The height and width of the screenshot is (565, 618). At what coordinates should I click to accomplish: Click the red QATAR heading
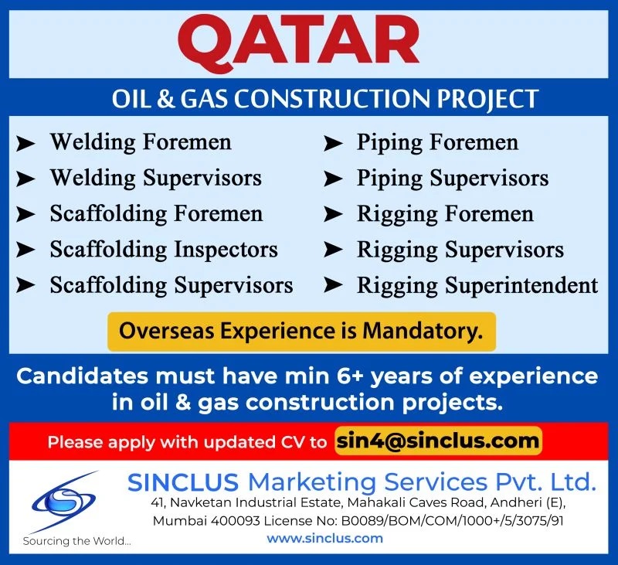(298, 44)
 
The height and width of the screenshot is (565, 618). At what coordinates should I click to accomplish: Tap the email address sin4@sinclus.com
(438, 441)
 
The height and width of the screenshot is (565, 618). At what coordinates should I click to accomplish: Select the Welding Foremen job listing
(141, 142)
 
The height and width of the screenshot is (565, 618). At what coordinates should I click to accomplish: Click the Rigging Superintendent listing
(477, 285)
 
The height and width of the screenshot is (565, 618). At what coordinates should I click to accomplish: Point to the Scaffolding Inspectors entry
(164, 250)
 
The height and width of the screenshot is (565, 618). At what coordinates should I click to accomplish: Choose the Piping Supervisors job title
(453, 179)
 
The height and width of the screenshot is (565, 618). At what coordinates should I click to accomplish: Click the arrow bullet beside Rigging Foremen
(333, 215)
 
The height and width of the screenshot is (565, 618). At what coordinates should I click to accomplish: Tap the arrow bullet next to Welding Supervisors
(25, 179)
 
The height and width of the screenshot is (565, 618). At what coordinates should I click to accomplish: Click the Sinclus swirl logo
(63, 501)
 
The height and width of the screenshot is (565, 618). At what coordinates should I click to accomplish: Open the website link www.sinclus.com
(324, 539)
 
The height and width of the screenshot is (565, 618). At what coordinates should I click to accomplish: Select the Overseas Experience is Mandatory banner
(301, 331)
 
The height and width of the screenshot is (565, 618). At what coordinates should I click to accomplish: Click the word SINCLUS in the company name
(183, 482)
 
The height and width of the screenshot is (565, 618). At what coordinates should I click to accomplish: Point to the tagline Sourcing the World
(76, 541)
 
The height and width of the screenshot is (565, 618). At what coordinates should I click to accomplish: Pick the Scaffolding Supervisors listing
(171, 285)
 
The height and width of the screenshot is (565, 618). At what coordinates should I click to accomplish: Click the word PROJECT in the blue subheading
(487, 99)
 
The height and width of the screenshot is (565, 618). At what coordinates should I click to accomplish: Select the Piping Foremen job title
(437, 142)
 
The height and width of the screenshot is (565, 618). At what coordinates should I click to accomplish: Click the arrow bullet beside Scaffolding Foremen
(25, 215)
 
